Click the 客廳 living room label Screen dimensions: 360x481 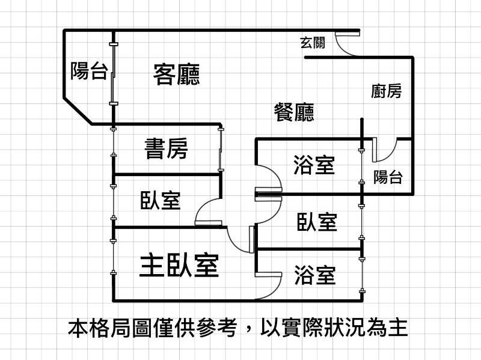coord(176,74)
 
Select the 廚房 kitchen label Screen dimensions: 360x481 coord(386,91)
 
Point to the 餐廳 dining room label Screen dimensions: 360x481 coord(294,112)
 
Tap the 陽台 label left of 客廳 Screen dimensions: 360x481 coord(89,71)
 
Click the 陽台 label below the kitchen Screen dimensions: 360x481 coord(388,177)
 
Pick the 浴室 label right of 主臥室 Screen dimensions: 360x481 coord(314,275)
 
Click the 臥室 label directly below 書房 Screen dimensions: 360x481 coord(160,200)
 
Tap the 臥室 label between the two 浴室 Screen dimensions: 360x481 coord(316,222)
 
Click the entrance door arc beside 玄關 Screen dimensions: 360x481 coord(346,45)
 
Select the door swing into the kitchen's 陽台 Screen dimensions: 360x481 coord(384,150)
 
